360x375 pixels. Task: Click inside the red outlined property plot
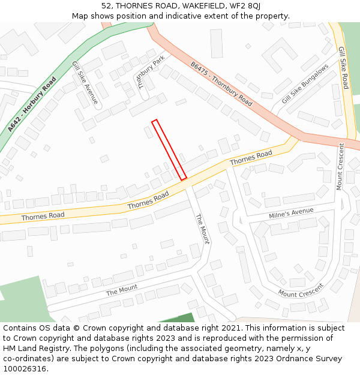coord(169,149)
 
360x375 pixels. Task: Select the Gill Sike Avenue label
coord(85,82)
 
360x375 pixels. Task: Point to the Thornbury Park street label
coord(151,72)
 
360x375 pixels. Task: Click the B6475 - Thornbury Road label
coord(221,83)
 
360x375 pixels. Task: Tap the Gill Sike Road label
coord(343,68)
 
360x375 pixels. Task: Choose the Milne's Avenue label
coord(292,212)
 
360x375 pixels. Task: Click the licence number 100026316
coord(25,368)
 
